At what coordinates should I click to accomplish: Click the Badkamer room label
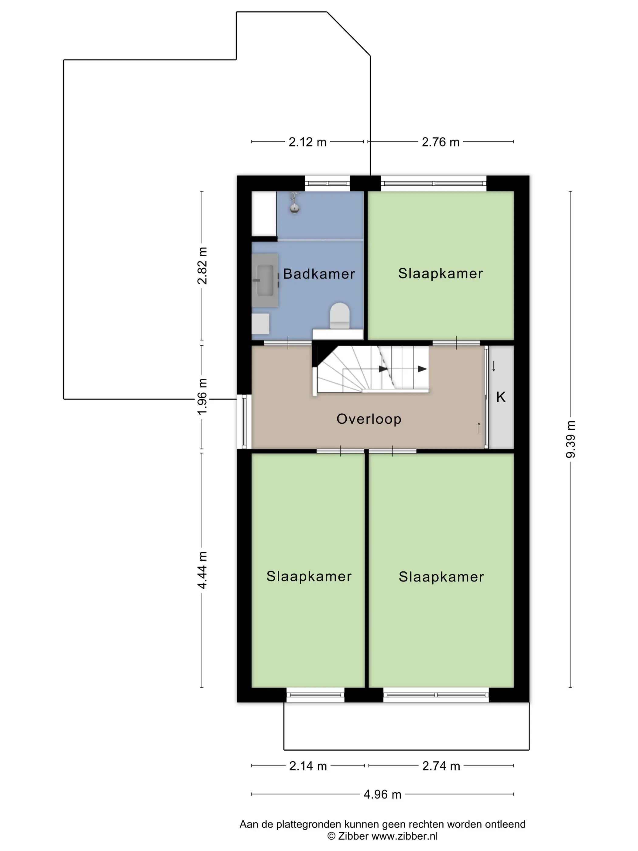319,274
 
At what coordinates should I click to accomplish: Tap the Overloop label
369,419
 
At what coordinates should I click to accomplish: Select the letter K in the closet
501,397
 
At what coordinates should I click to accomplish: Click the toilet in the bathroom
340,316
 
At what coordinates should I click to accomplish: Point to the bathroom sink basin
265,280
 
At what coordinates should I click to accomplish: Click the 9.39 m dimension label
570,439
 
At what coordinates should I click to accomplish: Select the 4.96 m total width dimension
382,794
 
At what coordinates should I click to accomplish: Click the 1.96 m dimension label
202,397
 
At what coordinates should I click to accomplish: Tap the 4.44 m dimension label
202,570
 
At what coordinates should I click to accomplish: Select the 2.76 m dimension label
441,142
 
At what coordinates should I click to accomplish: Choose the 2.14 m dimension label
308,766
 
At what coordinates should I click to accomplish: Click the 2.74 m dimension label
441,766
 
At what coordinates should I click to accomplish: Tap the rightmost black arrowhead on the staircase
422,369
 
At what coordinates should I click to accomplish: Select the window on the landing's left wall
244,422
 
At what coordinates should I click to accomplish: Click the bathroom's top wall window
327,184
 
